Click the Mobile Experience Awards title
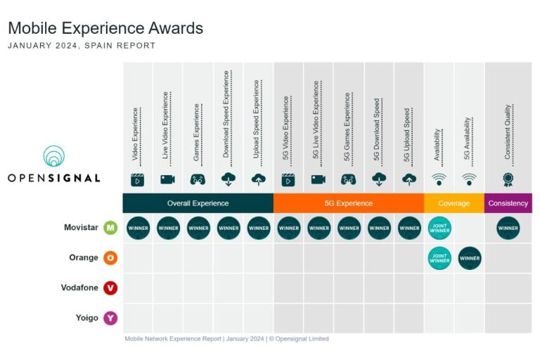point(105,28)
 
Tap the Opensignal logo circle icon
point(53,156)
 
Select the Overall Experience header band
point(198,203)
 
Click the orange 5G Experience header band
point(348,203)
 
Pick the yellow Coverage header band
point(454,203)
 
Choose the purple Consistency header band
point(508,203)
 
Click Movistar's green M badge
point(110,228)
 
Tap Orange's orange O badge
point(110,258)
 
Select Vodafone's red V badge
point(110,288)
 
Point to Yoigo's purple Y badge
point(110,318)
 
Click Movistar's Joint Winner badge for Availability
point(439,228)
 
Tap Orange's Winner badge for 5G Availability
point(470,258)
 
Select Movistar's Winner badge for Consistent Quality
point(508,228)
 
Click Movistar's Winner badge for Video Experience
point(138,228)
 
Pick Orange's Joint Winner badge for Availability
point(439,258)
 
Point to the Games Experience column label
point(197,134)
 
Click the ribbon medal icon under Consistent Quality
point(508,179)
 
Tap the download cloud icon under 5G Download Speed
point(379,179)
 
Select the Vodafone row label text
point(79,288)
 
